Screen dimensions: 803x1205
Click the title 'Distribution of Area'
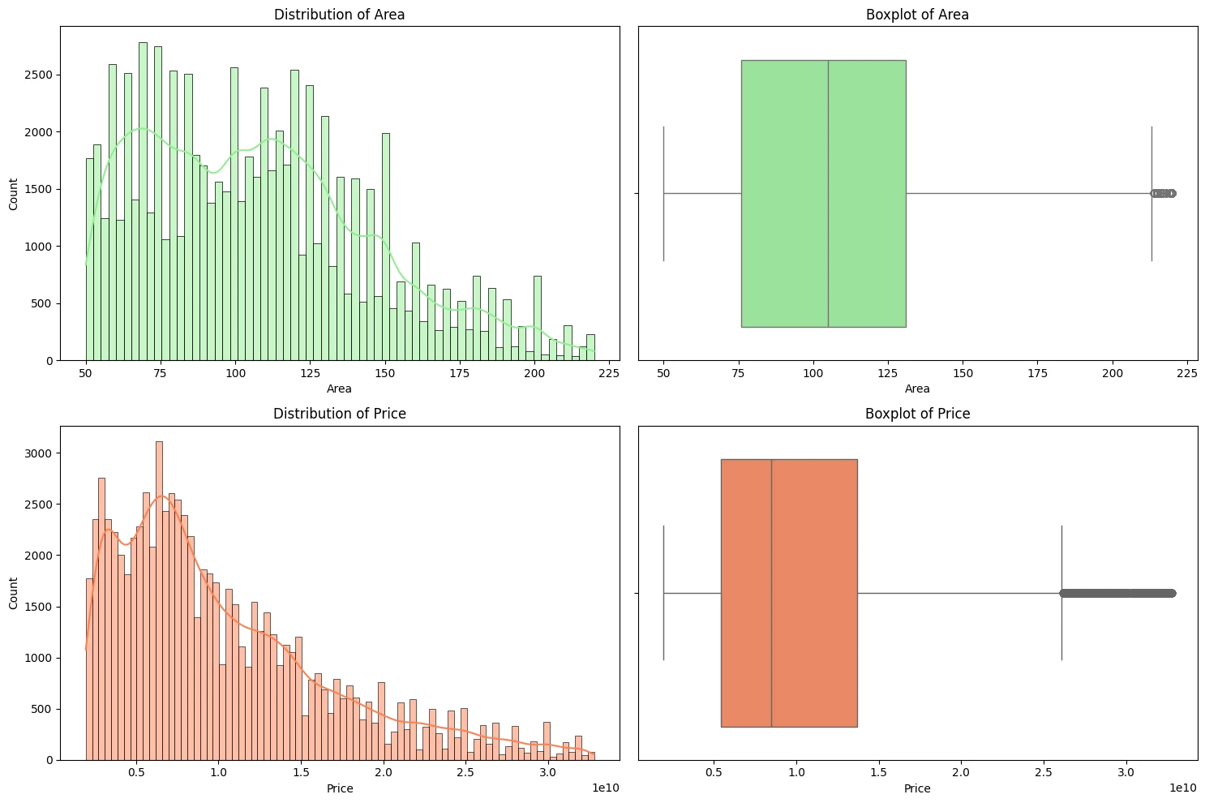pyautogui.click(x=339, y=15)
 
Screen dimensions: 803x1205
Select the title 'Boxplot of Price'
pyautogui.click(x=917, y=414)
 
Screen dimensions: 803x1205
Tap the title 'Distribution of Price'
pyautogui.click(x=339, y=414)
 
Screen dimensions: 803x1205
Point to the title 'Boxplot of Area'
pyautogui.click(x=917, y=15)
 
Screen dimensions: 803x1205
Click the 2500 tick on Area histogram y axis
pyautogui.click(x=42, y=75)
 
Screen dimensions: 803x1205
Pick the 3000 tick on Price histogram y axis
pyautogui.click(x=42, y=453)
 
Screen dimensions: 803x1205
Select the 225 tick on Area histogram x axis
pyautogui.click(x=609, y=374)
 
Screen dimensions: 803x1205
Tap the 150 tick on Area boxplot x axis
pyautogui.click(x=963, y=374)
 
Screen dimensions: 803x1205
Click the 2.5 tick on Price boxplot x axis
pyautogui.click(x=1044, y=773)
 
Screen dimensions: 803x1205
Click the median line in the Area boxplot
pyautogui.click(x=828, y=193)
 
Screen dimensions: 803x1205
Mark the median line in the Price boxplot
pyautogui.click(x=771, y=593)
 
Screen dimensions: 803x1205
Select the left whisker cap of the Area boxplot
pyautogui.click(x=663, y=193)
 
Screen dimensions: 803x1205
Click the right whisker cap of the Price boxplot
pyautogui.click(x=1061, y=593)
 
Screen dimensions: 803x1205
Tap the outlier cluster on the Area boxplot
pyautogui.click(x=1164, y=193)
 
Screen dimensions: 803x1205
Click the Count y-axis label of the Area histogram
pyautogui.click(x=14, y=194)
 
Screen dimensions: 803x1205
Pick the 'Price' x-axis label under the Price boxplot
pyautogui.click(x=917, y=788)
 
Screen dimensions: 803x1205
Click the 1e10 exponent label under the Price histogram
pyautogui.click(x=606, y=788)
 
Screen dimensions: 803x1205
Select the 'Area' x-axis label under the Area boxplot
pyautogui.click(x=917, y=389)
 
